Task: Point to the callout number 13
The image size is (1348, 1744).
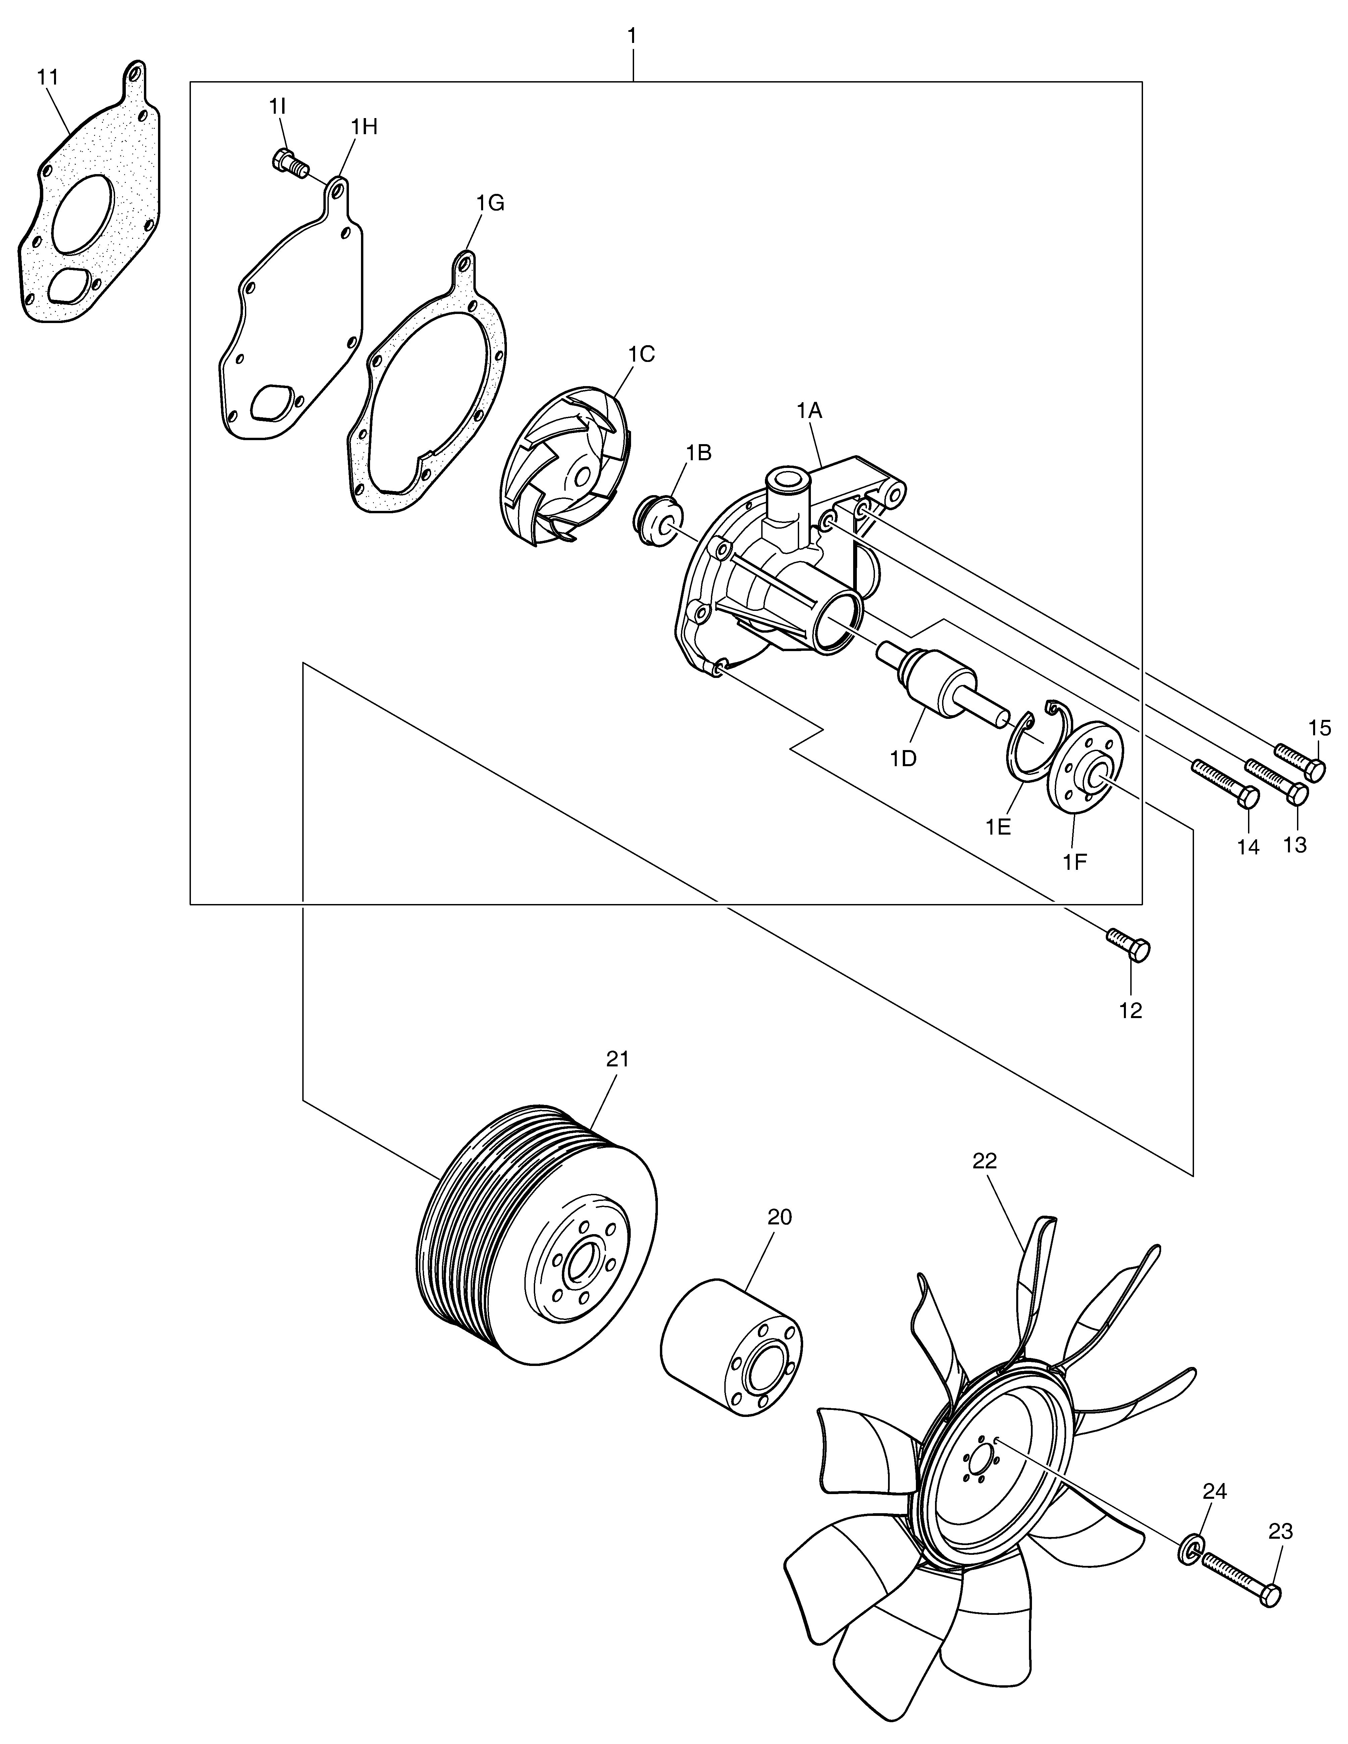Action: click(x=1295, y=844)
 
